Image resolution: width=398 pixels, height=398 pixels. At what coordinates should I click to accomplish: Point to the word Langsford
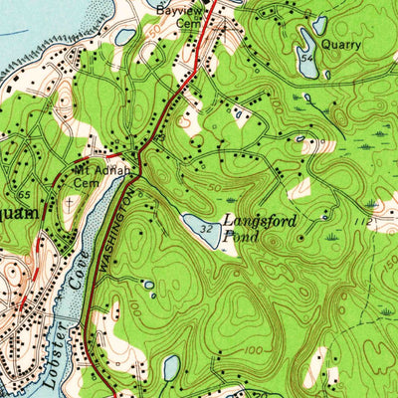pyautogui.click(x=258, y=221)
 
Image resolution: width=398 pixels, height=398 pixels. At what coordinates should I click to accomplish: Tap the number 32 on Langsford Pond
pyautogui.click(x=205, y=230)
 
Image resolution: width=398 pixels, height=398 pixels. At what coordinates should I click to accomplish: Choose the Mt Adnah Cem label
pyautogui.click(x=99, y=176)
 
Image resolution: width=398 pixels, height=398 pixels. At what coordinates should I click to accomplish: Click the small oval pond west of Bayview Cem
pyautogui.click(x=125, y=37)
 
